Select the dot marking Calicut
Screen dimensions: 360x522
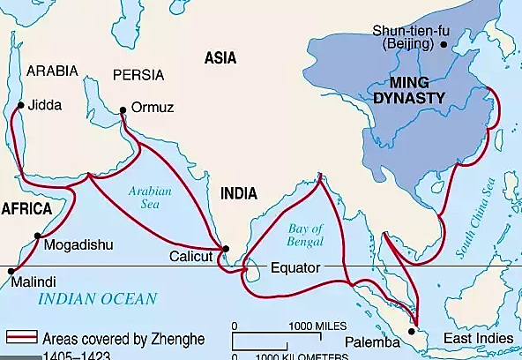pyautogui.click(x=226, y=249)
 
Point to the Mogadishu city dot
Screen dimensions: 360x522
pyautogui.click(x=37, y=236)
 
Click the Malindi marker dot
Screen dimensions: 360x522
pyautogui.click(x=11, y=271)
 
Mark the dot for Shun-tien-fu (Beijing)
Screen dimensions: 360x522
pyautogui.click(x=444, y=43)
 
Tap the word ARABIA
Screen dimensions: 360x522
pyautogui.click(x=52, y=70)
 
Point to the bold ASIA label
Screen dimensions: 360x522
pyautogui.click(x=221, y=57)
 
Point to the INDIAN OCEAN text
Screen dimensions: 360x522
pyautogui.click(x=97, y=298)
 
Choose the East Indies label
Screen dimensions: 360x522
pyautogui.click(x=477, y=338)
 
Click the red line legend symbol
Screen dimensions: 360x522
pyautogui.click(x=26, y=336)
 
